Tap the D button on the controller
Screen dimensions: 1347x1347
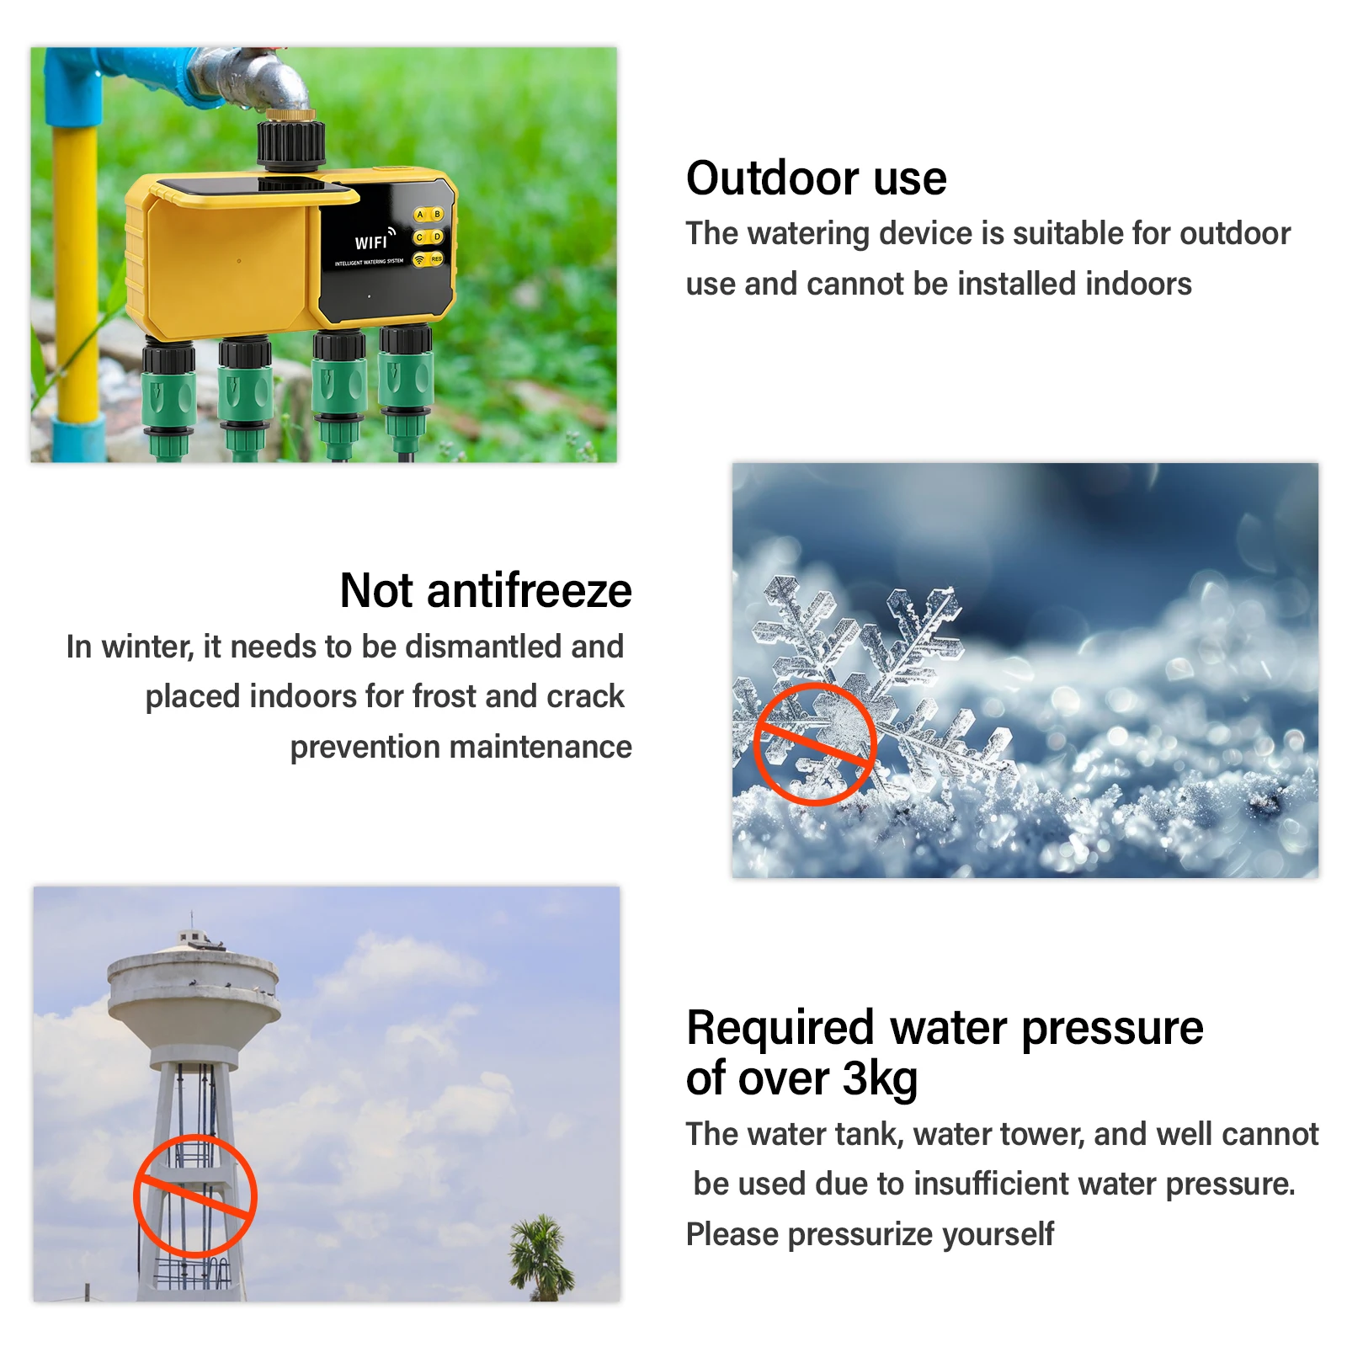click(438, 237)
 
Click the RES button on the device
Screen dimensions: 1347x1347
click(436, 258)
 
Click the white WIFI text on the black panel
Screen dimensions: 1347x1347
click(371, 242)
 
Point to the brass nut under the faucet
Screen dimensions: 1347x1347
click(291, 114)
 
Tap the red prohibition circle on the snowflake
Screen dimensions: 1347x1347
click(815, 744)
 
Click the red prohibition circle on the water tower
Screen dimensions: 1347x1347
click(194, 1195)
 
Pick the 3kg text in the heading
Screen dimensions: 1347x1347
click(880, 1079)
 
